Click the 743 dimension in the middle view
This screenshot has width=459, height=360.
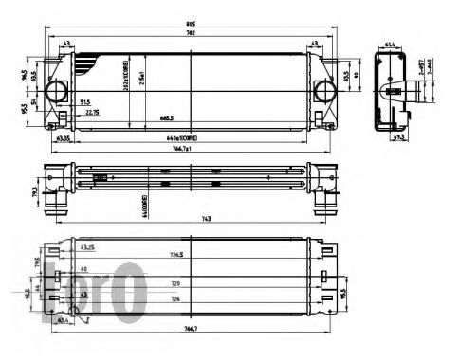(x=193, y=219)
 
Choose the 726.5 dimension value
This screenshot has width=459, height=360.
(x=176, y=255)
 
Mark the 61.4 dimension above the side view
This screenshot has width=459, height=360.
(x=392, y=44)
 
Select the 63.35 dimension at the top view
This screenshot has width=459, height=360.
(x=64, y=139)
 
